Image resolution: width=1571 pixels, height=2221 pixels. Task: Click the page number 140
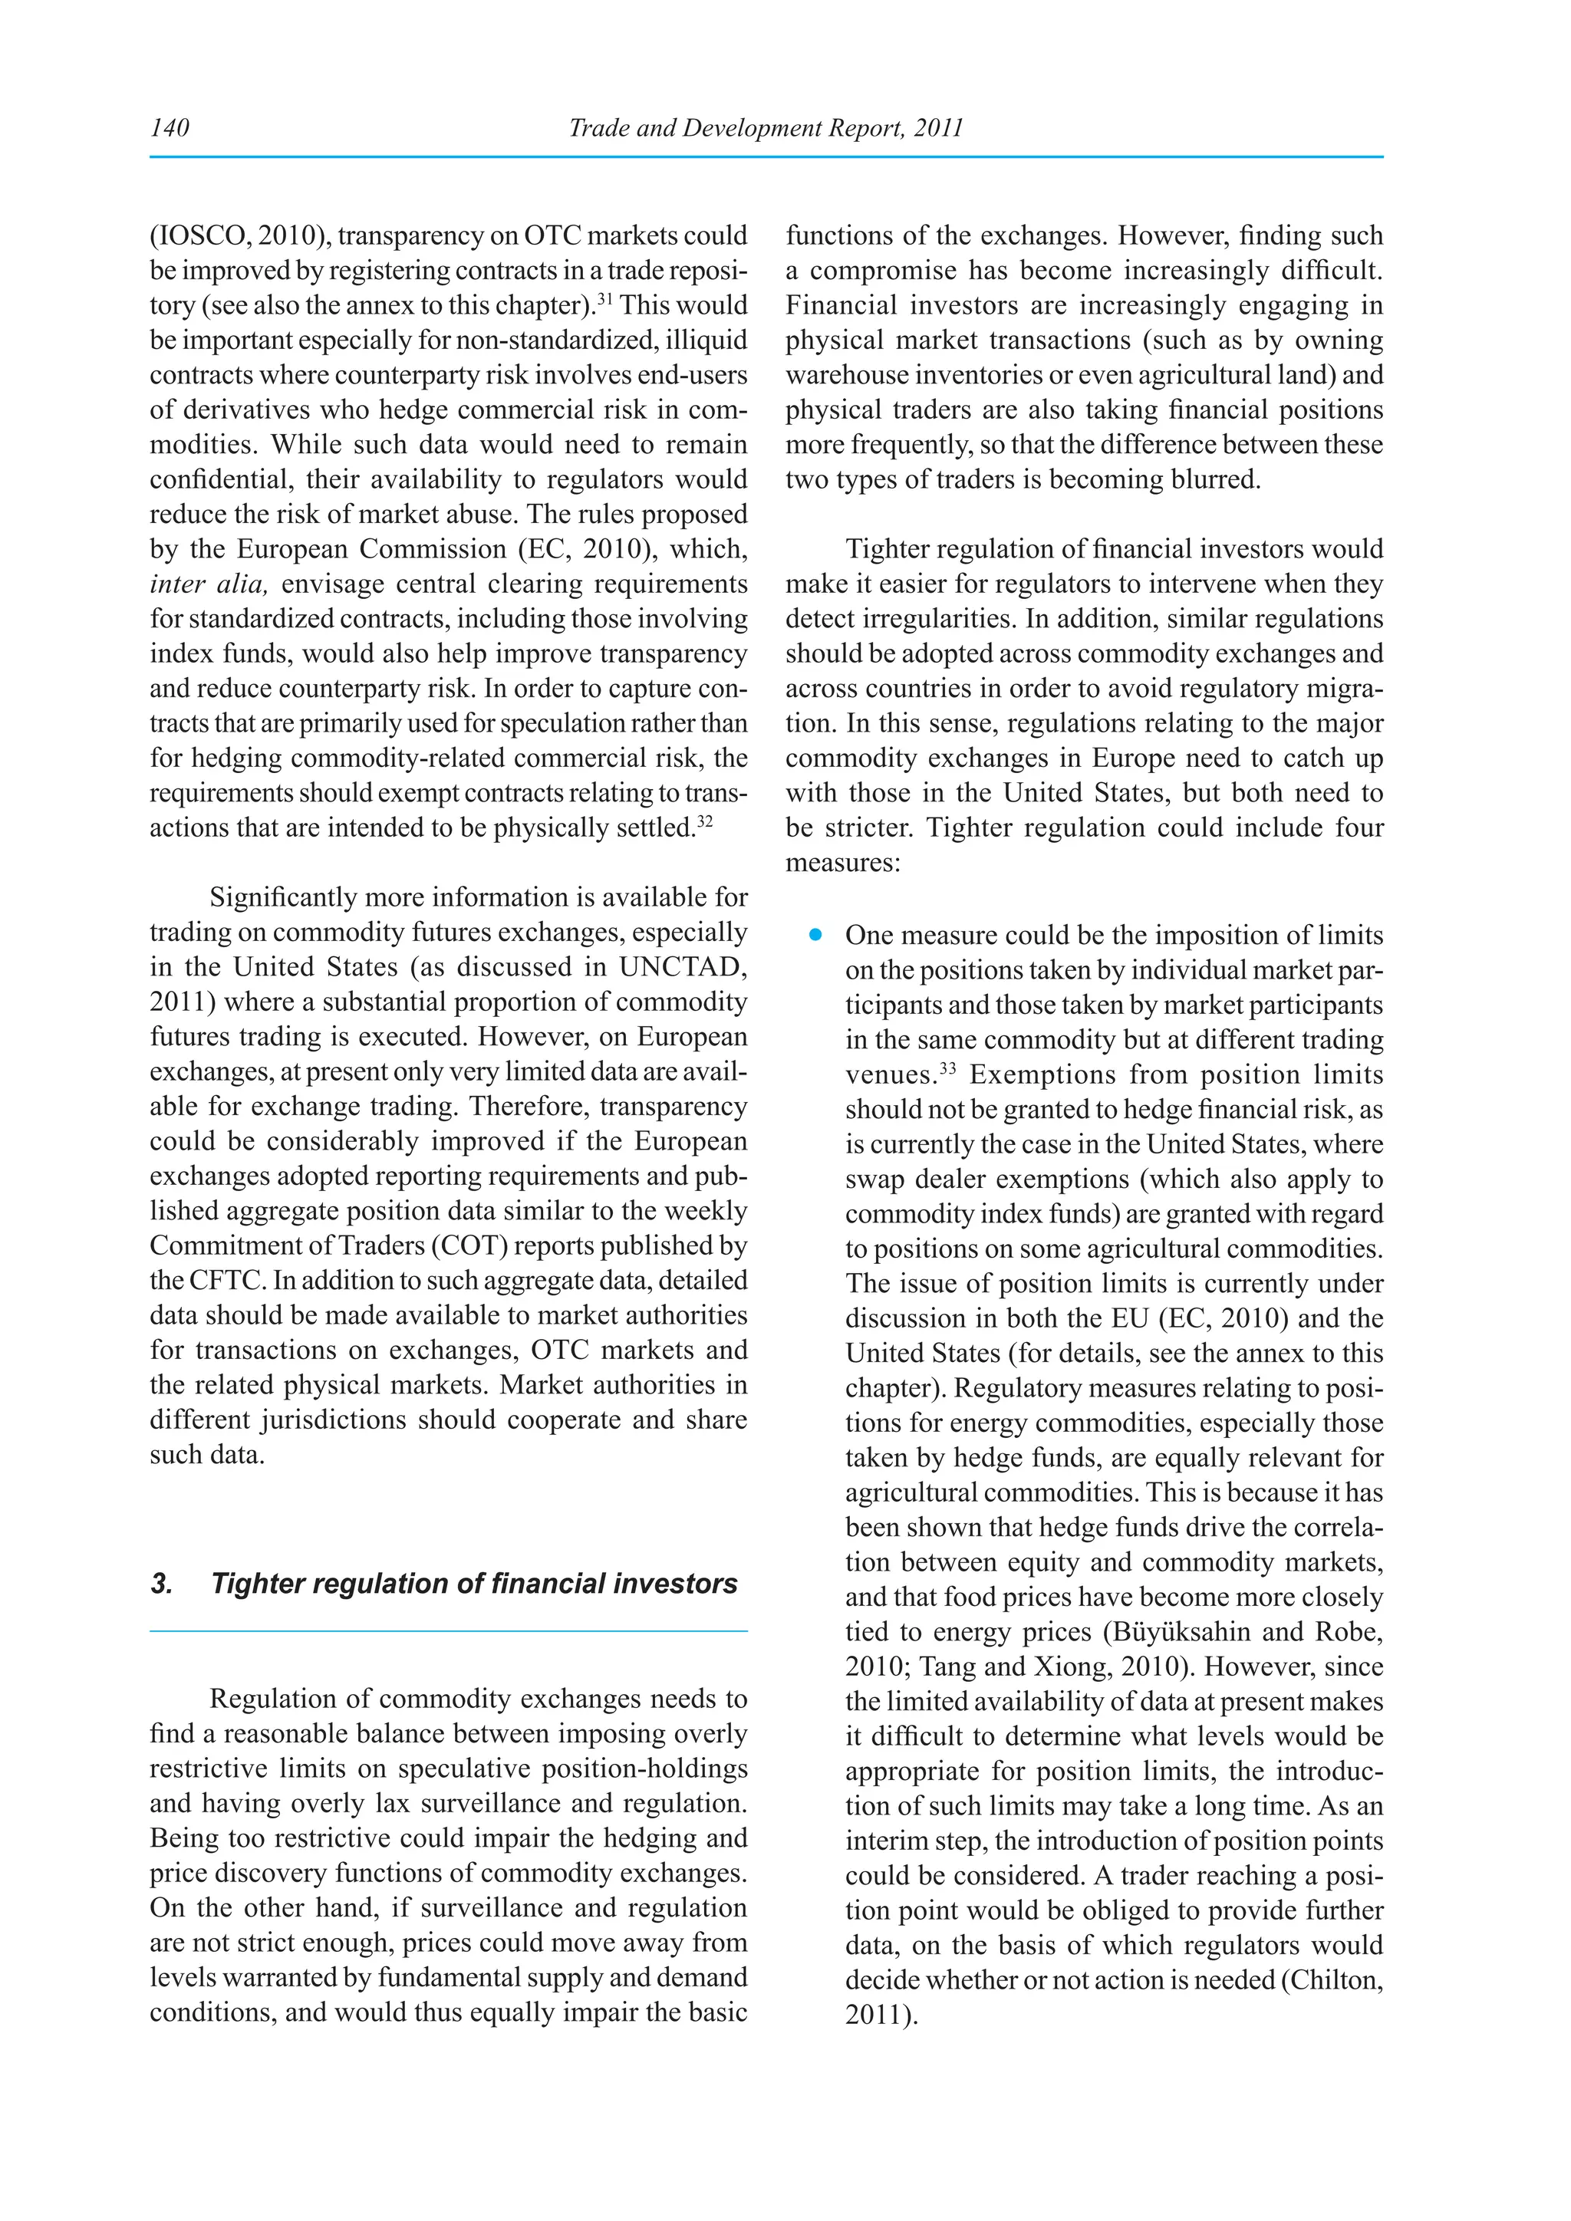[x=170, y=127]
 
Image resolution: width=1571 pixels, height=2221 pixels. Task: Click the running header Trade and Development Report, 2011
[x=766, y=127]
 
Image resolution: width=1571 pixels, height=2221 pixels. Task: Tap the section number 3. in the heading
[x=162, y=1584]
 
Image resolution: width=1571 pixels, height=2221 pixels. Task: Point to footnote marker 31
[x=604, y=299]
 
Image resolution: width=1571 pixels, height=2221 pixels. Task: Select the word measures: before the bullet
[x=842, y=863]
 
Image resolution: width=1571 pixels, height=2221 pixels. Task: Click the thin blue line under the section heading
[x=448, y=1631]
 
